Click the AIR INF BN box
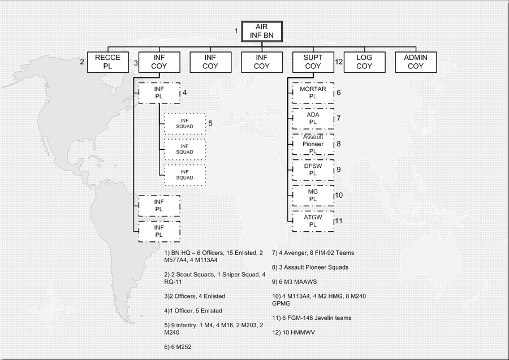[x=262, y=32]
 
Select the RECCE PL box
[x=108, y=62]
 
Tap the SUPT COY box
[x=313, y=62]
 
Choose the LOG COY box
[x=364, y=62]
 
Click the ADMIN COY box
[x=416, y=62]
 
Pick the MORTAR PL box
[x=313, y=93]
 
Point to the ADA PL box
[x=313, y=118]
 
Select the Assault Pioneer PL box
[x=313, y=144]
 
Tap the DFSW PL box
[x=313, y=170]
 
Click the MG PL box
[x=313, y=195]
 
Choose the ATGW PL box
[x=313, y=221]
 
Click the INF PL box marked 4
[x=159, y=93]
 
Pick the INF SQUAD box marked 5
[x=185, y=124]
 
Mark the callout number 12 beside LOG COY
[x=339, y=62]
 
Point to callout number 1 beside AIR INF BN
[x=236, y=31]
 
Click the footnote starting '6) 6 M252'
[x=178, y=346]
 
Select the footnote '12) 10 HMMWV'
[x=294, y=332]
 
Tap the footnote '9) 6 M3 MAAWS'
[x=295, y=281]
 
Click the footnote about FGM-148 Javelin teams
[x=312, y=318]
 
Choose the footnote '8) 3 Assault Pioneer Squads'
[x=310, y=267]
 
